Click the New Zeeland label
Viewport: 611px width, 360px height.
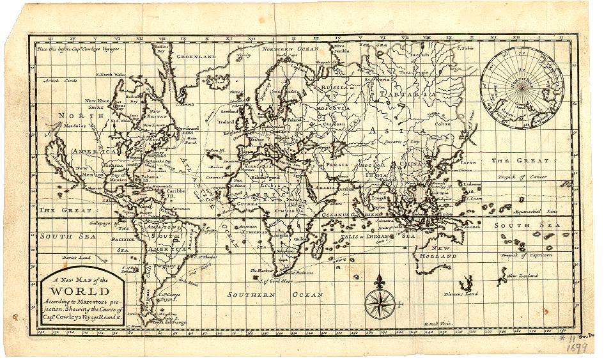[523, 275]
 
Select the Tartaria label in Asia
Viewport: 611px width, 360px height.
[399, 93]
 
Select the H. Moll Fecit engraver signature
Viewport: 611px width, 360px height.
[438, 324]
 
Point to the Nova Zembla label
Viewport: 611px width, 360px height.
[339, 48]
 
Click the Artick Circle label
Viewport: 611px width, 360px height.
[56, 81]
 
